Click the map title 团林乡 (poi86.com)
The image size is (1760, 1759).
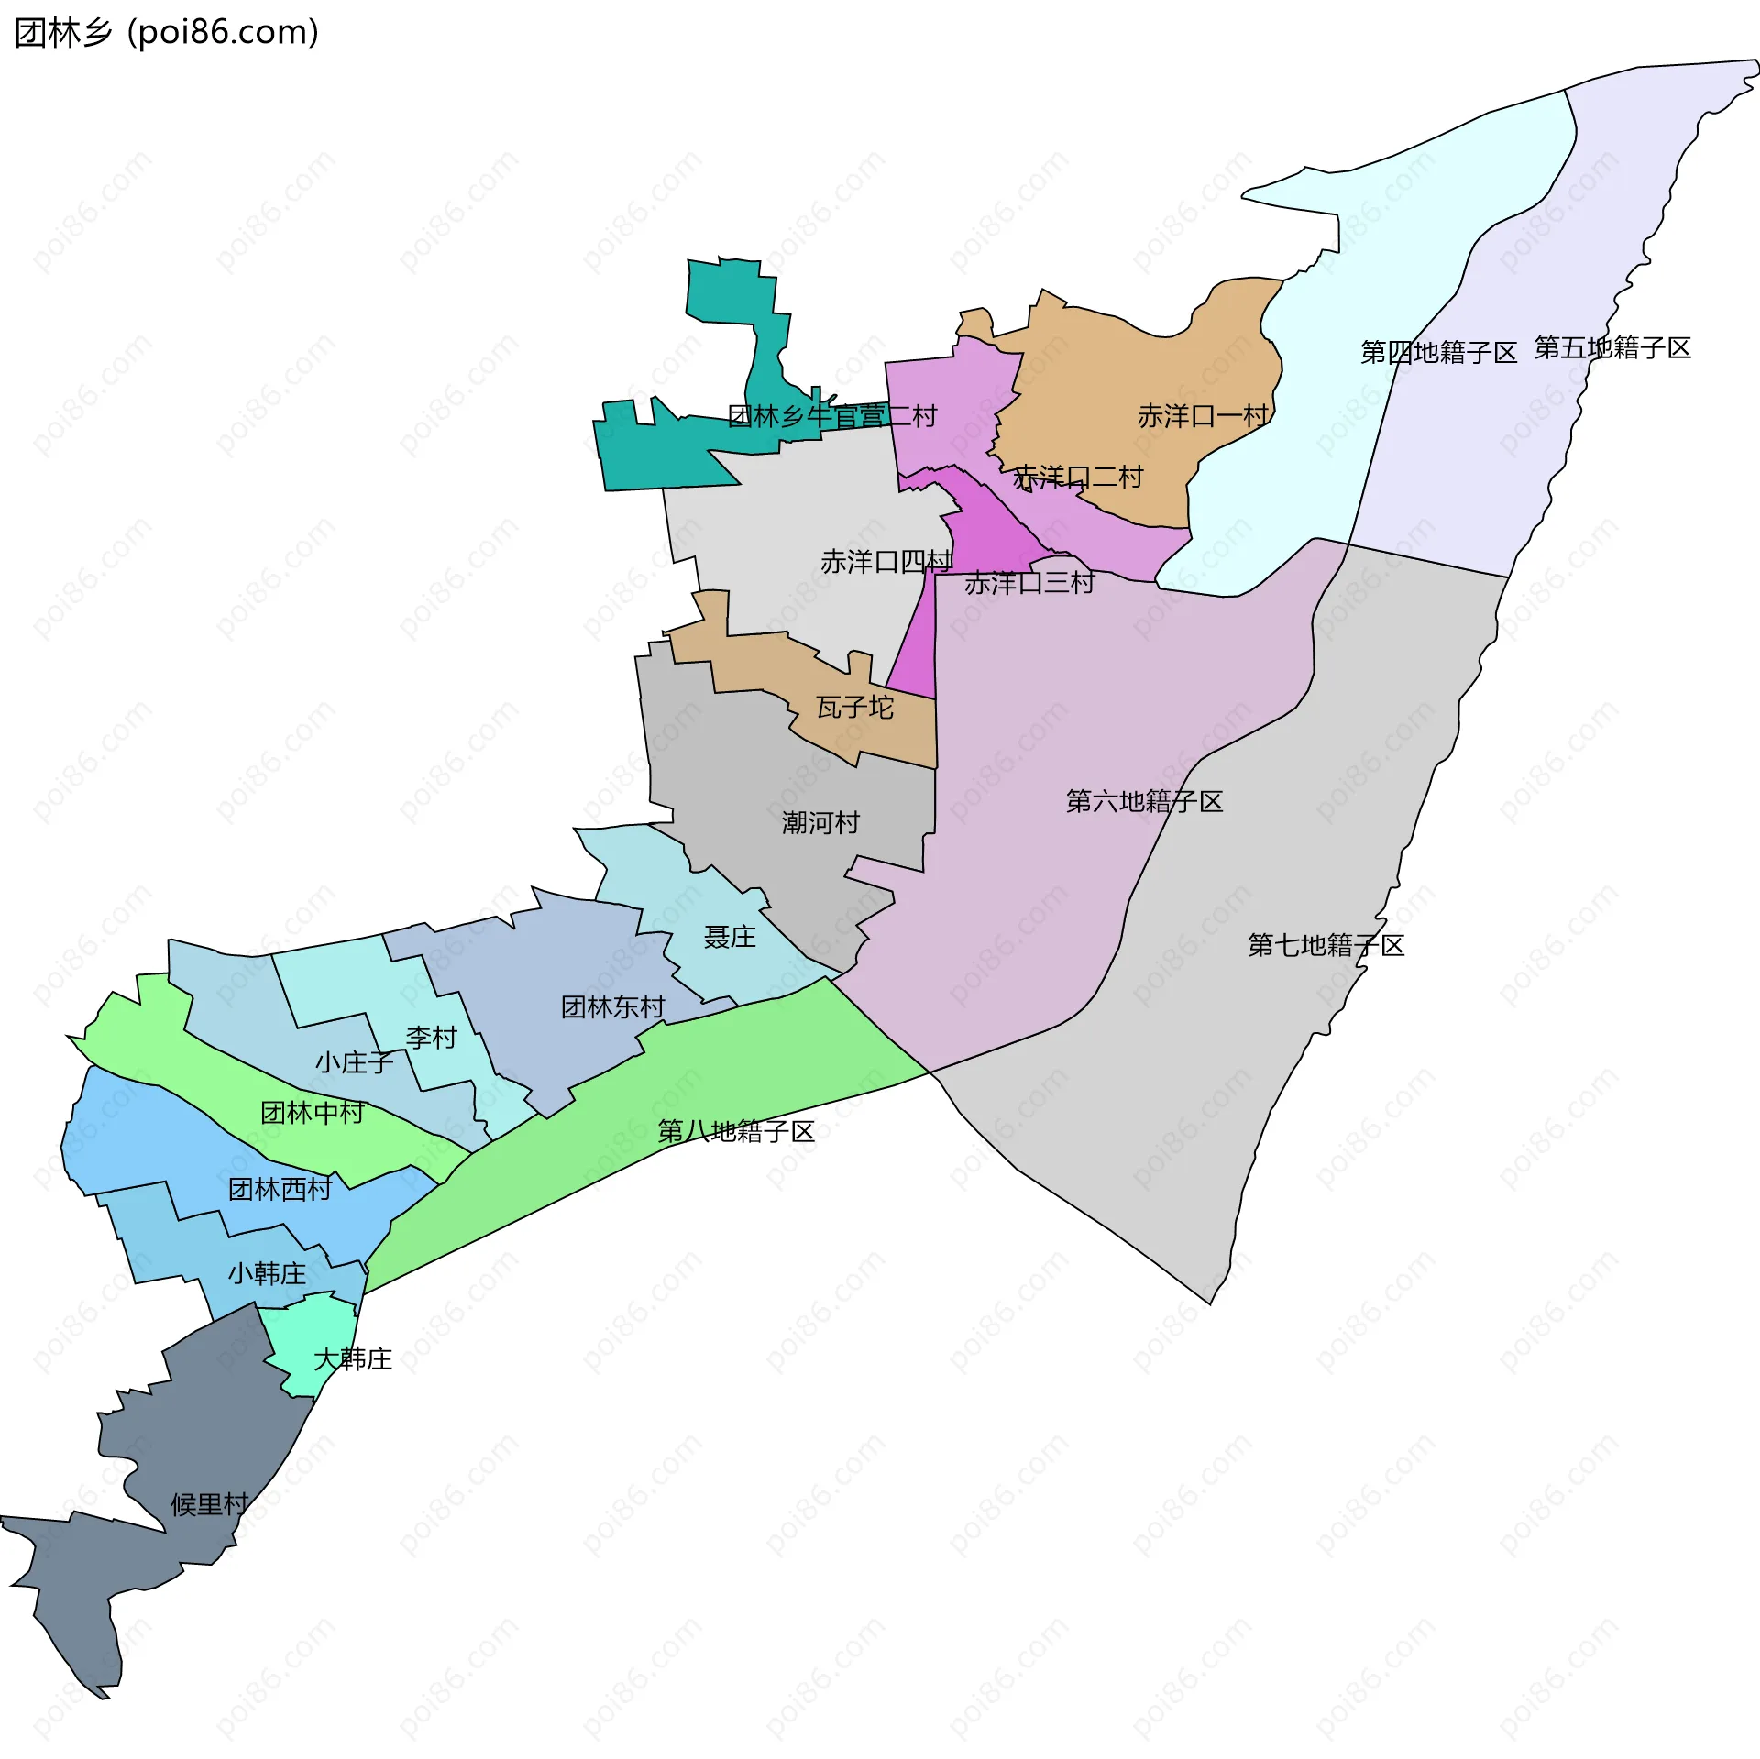pyautogui.click(x=167, y=33)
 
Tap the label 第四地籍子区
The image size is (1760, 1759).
pyautogui.click(x=1438, y=353)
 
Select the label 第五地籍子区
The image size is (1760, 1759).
pyautogui.click(x=1612, y=348)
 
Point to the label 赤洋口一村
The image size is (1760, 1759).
pyautogui.click(x=1203, y=416)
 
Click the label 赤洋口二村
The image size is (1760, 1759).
pyautogui.click(x=1078, y=478)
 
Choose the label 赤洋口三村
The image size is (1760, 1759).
pyautogui.click(x=1029, y=583)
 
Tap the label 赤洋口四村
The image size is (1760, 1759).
pyautogui.click(x=886, y=562)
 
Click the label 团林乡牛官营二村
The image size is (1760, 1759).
pyautogui.click(x=832, y=417)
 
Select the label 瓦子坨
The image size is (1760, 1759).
pyautogui.click(x=854, y=708)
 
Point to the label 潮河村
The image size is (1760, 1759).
pyautogui.click(x=820, y=823)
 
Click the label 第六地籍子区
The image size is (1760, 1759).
pyautogui.click(x=1144, y=802)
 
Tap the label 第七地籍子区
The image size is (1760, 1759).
pyautogui.click(x=1325, y=946)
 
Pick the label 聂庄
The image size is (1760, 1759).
pyautogui.click(x=730, y=937)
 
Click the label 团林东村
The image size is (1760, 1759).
pyautogui.click(x=612, y=1007)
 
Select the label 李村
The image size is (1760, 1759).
pyautogui.click(x=431, y=1038)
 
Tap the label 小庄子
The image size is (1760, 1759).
pyautogui.click(x=354, y=1062)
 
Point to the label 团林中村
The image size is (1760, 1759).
pyautogui.click(x=313, y=1113)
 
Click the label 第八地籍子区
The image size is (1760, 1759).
pyautogui.click(x=736, y=1132)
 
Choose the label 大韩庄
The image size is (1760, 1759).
pyautogui.click(x=353, y=1358)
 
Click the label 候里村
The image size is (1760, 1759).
pyautogui.click(x=210, y=1504)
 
